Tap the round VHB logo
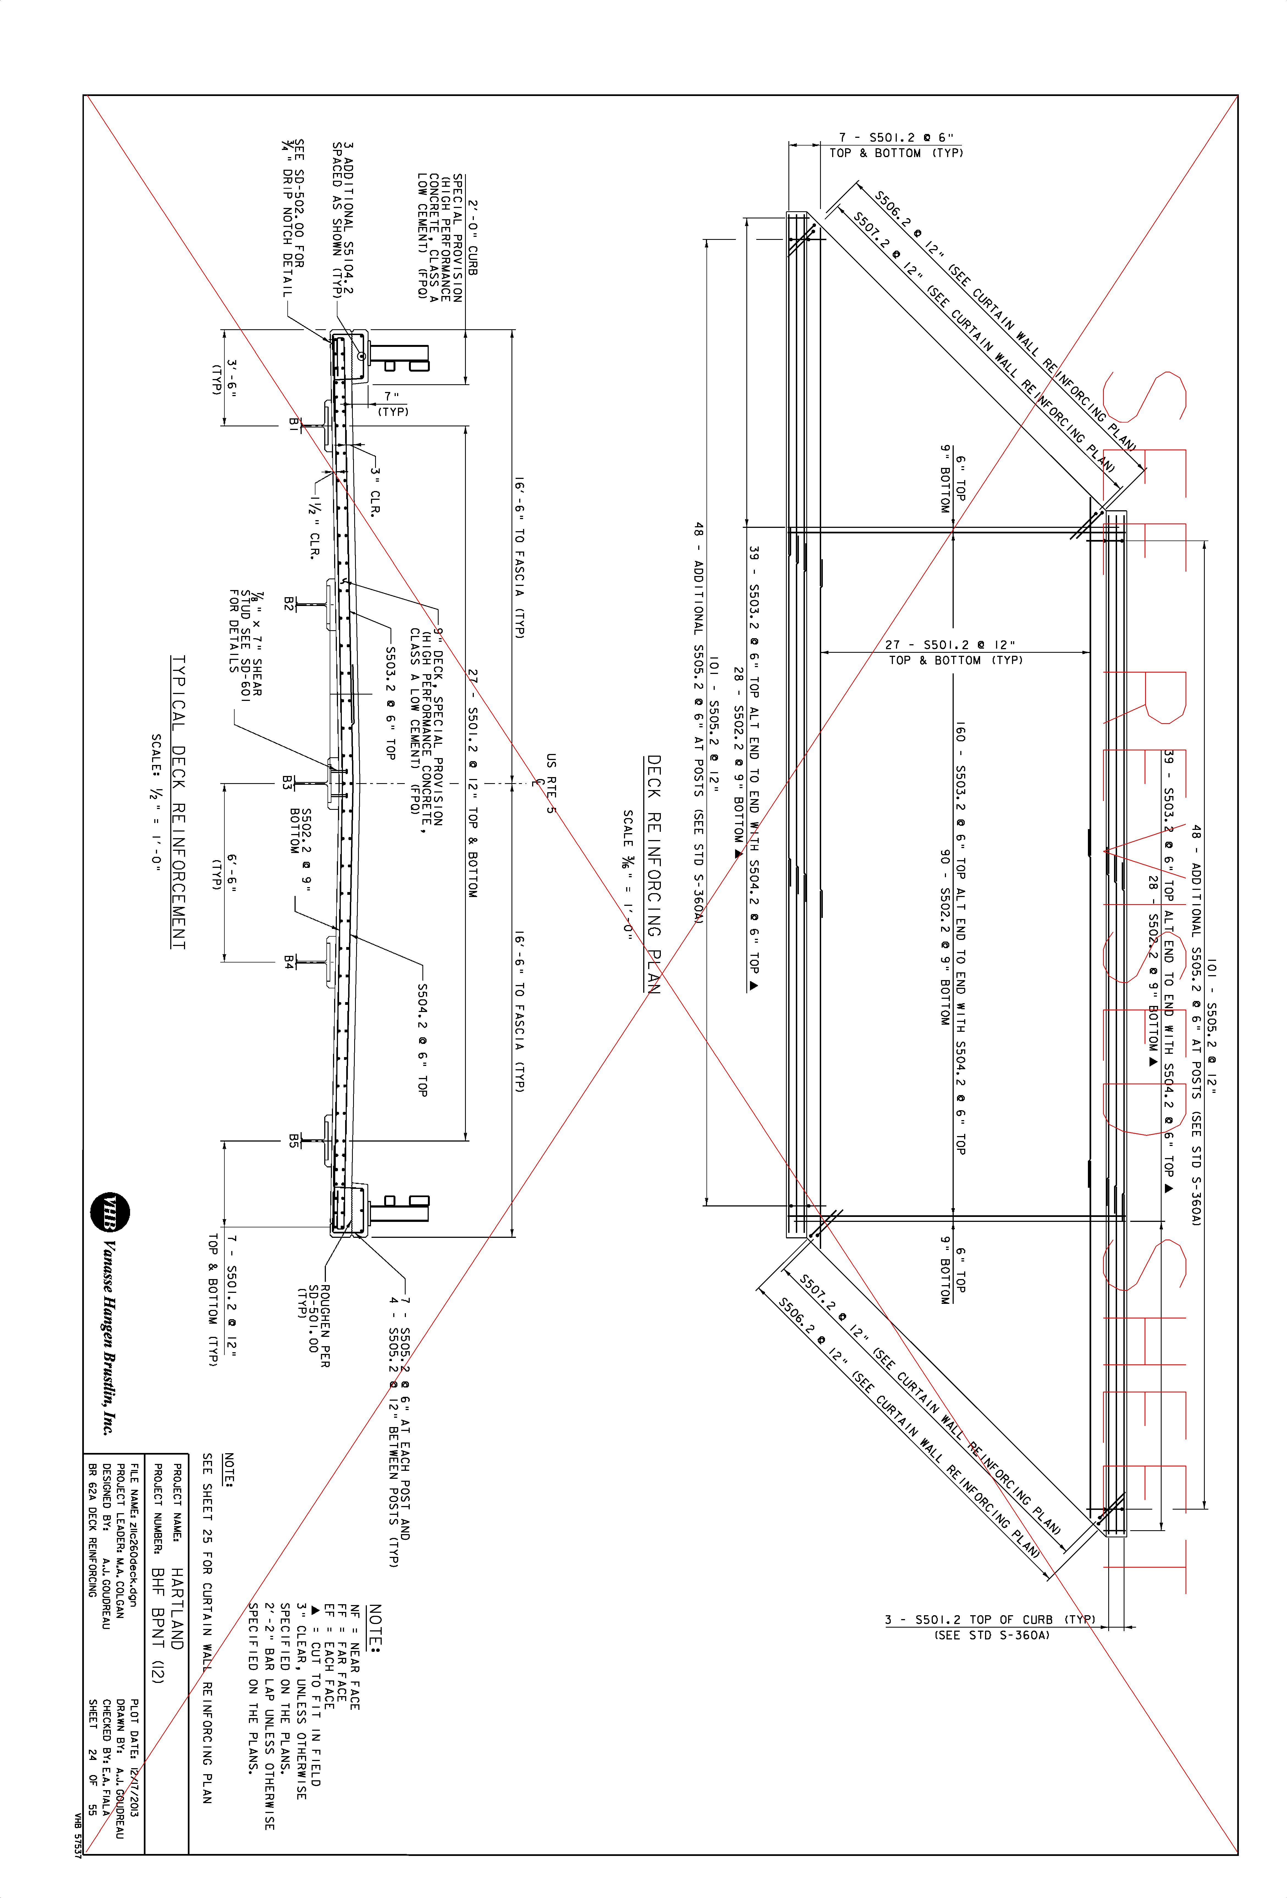point(109,1213)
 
